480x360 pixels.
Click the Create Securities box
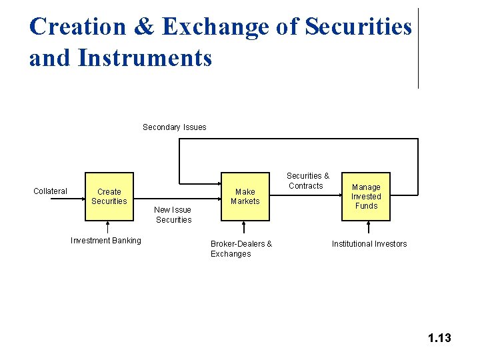click(109, 197)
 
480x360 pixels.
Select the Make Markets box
click(245, 197)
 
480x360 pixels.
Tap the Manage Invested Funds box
click(365, 197)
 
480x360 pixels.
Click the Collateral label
click(50, 191)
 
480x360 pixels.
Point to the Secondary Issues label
click(175, 127)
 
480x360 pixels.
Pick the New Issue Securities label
click(173, 215)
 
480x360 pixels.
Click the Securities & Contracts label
click(307, 181)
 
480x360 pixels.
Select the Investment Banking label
click(106, 241)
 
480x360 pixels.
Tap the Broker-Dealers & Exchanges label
click(241, 249)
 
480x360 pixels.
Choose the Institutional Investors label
click(369, 244)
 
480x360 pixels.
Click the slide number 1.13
click(439, 338)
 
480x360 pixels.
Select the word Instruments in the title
click(145, 57)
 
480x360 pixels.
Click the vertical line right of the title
click(418, 48)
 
